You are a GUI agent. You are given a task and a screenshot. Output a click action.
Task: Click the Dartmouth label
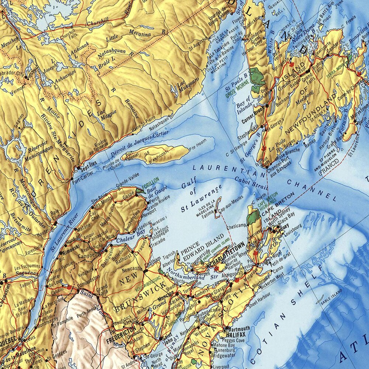(239, 328)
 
